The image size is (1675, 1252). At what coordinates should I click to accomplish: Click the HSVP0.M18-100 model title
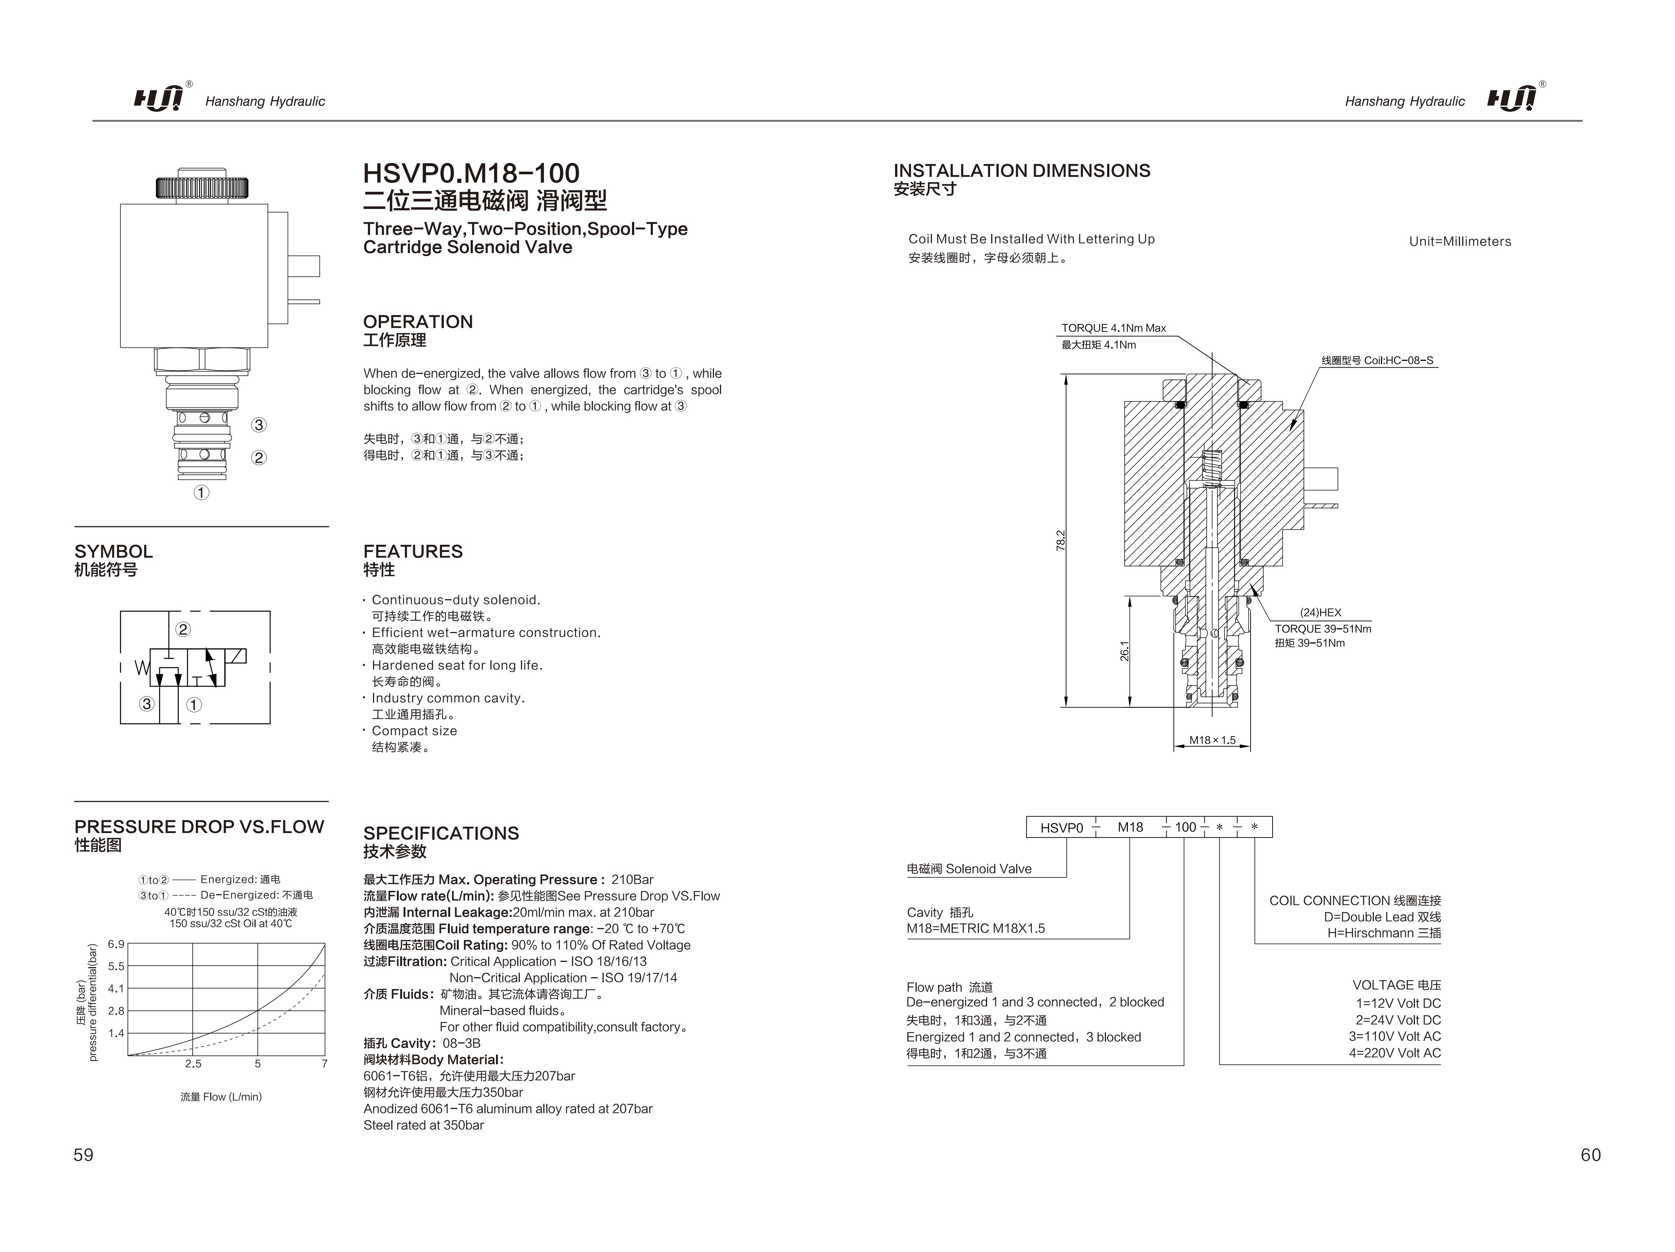click(471, 173)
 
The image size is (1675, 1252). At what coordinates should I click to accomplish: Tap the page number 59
click(83, 1154)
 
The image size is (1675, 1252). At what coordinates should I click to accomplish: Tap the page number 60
click(1590, 1154)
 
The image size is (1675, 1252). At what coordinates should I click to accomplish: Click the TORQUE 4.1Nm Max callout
click(1113, 328)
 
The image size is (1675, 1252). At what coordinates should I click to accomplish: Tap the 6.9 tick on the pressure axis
click(116, 944)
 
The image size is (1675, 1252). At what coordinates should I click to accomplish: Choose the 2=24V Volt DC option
click(1398, 1020)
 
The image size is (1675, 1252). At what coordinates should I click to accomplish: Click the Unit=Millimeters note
click(1459, 241)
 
